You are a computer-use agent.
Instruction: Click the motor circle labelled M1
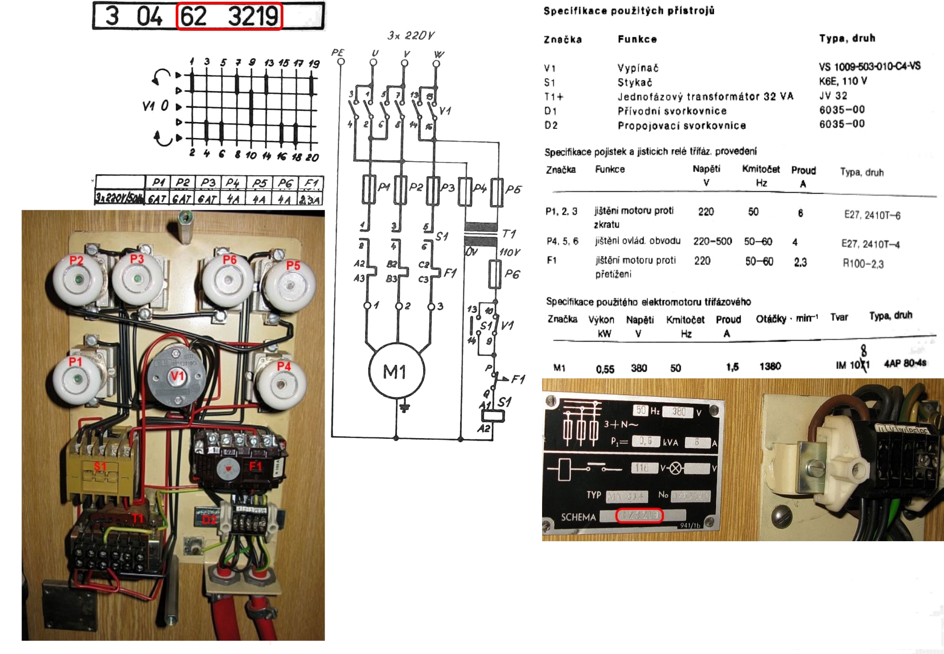(x=396, y=371)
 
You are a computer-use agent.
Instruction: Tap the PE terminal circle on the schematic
(x=341, y=61)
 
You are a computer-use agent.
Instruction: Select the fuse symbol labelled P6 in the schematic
(x=495, y=274)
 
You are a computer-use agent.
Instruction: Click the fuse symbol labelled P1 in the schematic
(x=369, y=190)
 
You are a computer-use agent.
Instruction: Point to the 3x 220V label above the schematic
(x=411, y=36)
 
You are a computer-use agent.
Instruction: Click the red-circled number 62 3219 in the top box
(x=229, y=17)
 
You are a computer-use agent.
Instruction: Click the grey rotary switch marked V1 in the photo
(x=176, y=377)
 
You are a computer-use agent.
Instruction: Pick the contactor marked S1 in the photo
(x=100, y=465)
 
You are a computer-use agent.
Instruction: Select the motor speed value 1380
(x=770, y=367)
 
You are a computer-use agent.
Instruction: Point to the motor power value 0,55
(x=605, y=369)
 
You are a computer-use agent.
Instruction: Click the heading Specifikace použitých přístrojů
(x=629, y=11)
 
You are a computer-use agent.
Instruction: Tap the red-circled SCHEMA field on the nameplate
(x=640, y=515)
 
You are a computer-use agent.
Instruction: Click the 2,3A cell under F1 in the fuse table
(x=310, y=200)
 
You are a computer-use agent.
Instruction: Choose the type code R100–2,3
(x=863, y=264)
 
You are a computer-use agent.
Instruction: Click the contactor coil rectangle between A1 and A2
(x=493, y=416)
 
